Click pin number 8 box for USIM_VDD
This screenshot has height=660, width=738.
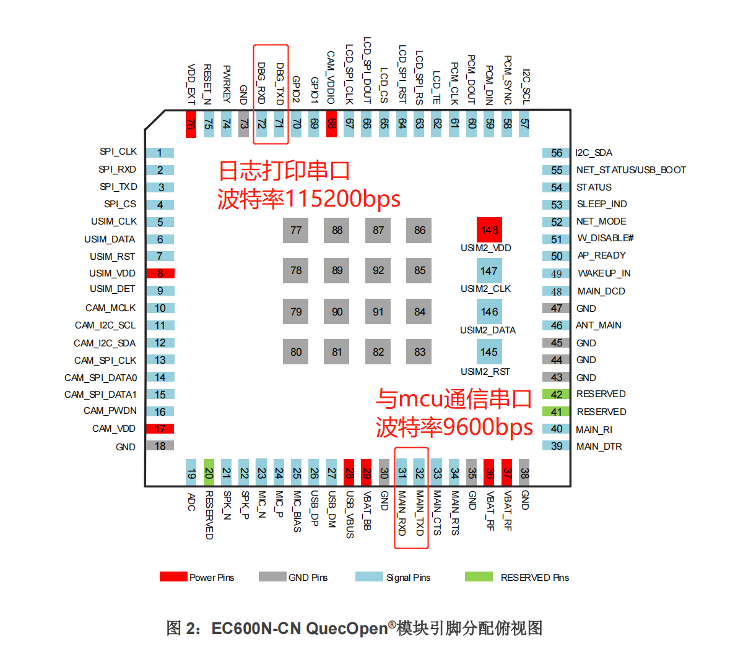tap(160, 273)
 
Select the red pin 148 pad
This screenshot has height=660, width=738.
tap(489, 230)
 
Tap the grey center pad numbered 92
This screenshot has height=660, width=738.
tap(378, 270)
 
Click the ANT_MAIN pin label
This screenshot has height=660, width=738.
tap(599, 325)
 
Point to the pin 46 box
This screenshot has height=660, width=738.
tap(557, 325)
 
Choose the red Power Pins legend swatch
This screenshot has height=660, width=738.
tap(173, 576)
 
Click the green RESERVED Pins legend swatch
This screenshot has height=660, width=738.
tap(479, 576)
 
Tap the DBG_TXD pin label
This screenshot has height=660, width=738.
tap(280, 84)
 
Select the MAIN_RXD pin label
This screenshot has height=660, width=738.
tap(402, 513)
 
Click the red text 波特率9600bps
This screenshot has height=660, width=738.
tap(454, 427)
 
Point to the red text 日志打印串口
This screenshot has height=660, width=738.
tap(284, 171)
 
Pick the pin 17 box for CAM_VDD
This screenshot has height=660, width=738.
tap(160, 429)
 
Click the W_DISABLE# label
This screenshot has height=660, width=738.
tap(605, 238)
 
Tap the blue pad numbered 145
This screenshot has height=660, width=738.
tap(489, 352)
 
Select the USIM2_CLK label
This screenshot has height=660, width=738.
tap(485, 289)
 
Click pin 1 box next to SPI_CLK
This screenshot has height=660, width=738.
tap(160, 153)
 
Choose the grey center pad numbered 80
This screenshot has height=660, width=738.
tap(296, 352)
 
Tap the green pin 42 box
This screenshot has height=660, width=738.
tap(557, 395)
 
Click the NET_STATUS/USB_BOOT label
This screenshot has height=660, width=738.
tap(631, 170)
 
